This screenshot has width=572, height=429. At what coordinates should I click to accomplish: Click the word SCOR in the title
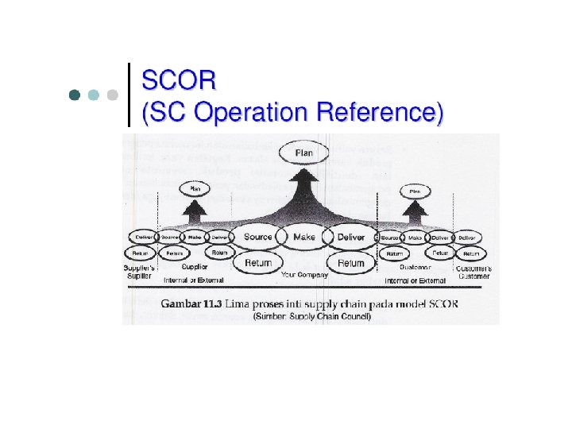click(178, 80)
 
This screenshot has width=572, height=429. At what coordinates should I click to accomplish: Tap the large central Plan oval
click(304, 152)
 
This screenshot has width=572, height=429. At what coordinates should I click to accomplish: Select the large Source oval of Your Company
click(257, 237)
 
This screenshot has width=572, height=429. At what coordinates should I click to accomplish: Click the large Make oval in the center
click(304, 237)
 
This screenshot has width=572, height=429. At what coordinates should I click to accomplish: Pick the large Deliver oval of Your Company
click(351, 237)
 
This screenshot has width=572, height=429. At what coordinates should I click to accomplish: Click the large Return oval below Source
click(257, 263)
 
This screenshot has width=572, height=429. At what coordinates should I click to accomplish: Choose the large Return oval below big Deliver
click(351, 263)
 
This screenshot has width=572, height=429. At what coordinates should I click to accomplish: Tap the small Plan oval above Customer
click(415, 191)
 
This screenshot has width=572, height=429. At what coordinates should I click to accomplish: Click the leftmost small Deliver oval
click(144, 237)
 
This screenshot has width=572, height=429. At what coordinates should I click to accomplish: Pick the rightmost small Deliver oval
click(467, 238)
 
